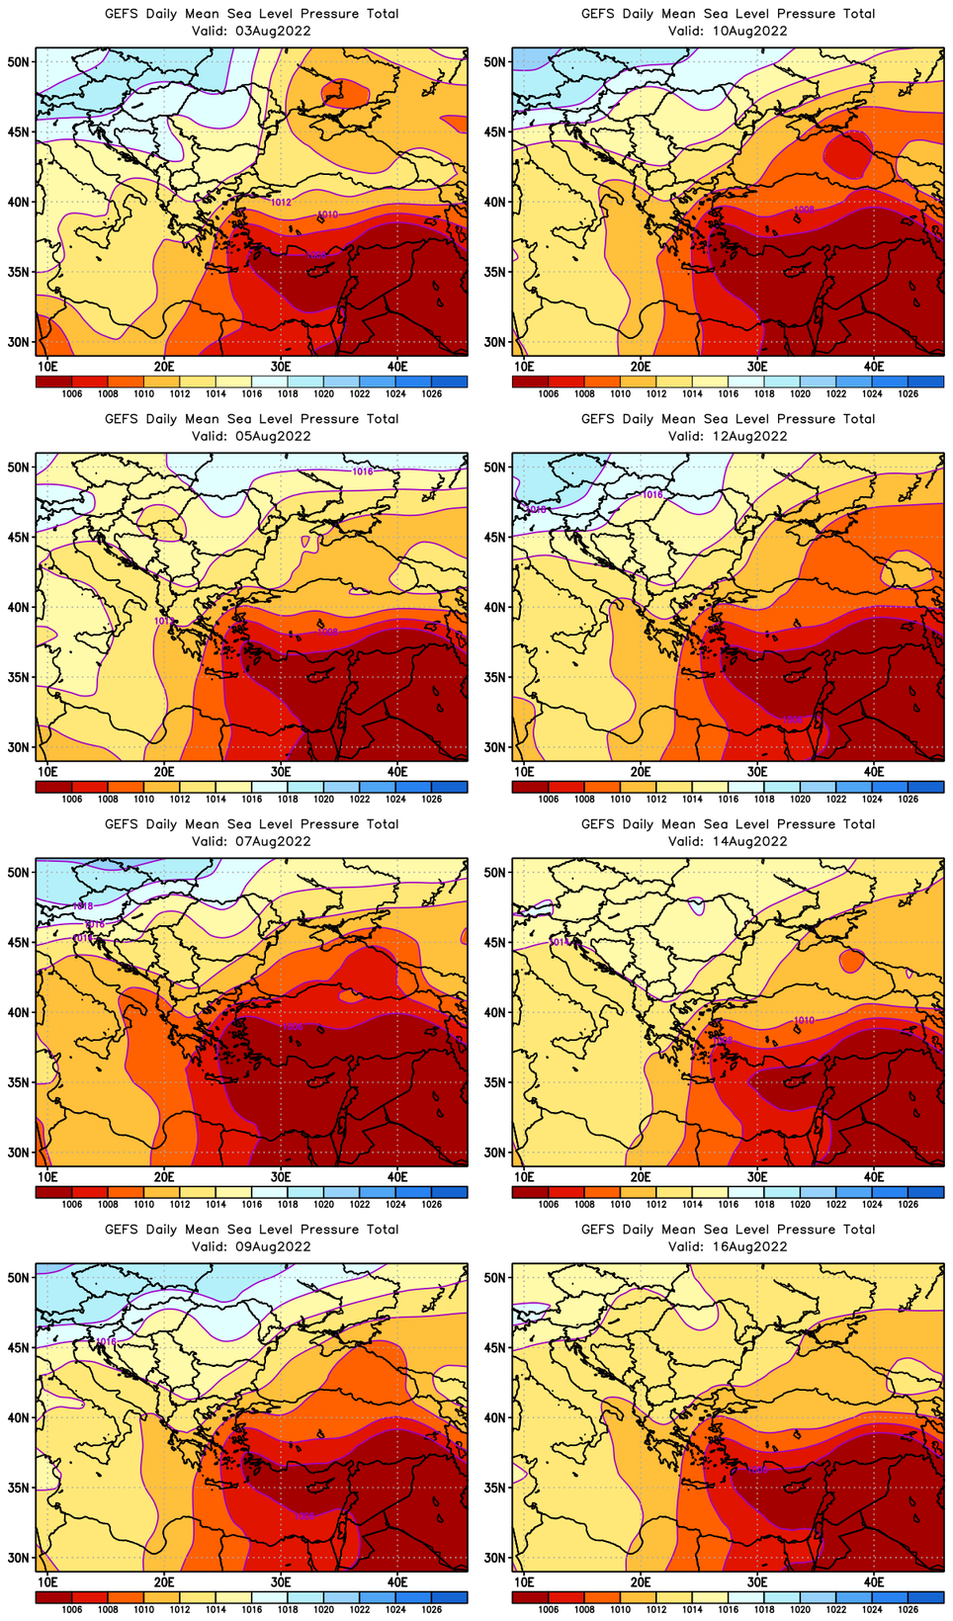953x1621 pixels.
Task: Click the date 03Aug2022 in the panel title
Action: click(271, 31)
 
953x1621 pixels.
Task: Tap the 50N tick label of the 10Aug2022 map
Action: click(495, 62)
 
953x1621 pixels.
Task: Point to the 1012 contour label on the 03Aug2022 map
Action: click(281, 203)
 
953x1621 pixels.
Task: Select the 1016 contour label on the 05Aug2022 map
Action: click(363, 471)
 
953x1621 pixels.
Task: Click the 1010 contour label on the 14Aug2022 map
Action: click(804, 1020)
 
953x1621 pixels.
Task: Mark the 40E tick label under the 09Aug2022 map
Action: click(397, 1579)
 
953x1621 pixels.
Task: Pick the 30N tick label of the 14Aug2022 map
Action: click(495, 1152)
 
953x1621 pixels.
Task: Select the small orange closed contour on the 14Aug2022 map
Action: click(852, 959)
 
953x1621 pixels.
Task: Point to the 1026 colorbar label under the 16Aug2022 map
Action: click(908, 1609)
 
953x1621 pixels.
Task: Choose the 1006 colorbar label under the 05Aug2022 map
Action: click(72, 799)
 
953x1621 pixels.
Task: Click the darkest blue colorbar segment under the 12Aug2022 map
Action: click(925, 787)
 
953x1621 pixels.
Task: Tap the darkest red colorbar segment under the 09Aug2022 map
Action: click(53, 1597)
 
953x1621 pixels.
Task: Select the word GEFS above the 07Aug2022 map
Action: click(122, 824)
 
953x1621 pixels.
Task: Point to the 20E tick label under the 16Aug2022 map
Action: click(641, 1579)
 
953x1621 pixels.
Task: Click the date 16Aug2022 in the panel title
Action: click(747, 1246)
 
